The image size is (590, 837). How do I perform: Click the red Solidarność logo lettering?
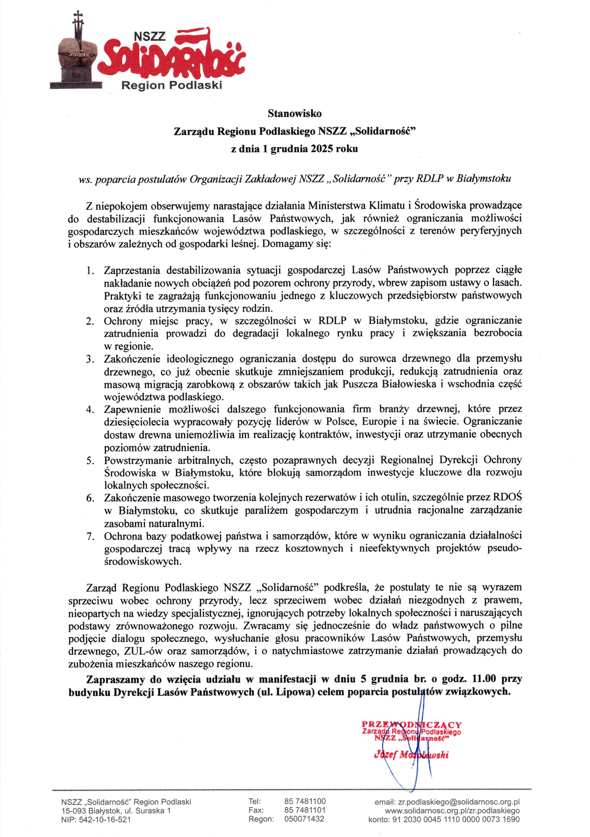pos(171,58)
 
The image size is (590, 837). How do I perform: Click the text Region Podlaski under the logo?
pos(171,85)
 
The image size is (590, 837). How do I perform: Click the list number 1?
pos(90,271)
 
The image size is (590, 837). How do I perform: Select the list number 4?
pos(90,409)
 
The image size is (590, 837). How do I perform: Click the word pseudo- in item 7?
pos(505,549)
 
